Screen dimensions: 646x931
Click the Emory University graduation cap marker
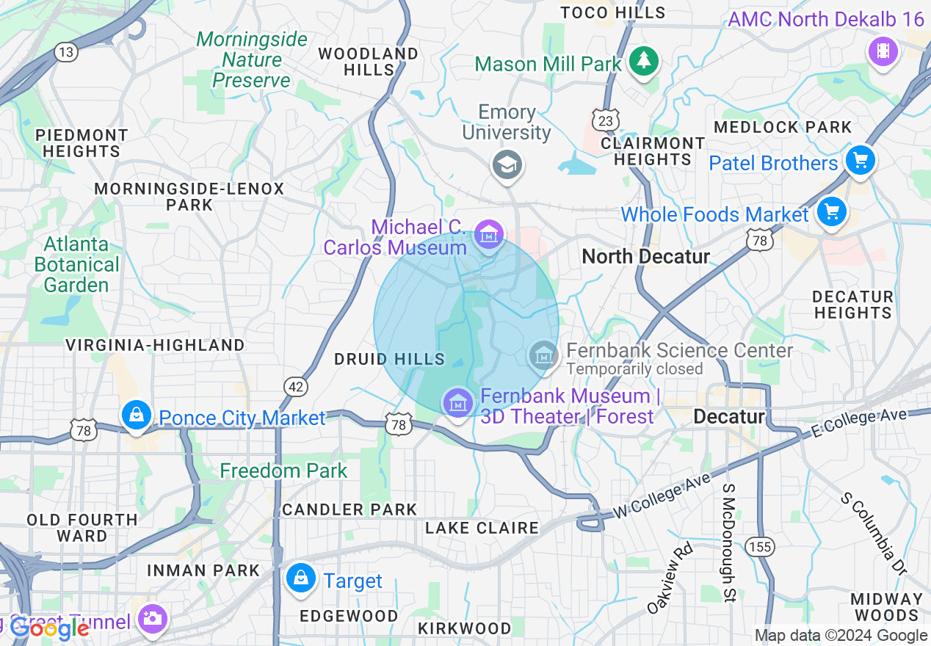click(507, 164)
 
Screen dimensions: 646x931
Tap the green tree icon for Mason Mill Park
click(644, 60)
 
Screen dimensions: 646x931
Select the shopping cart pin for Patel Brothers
click(860, 161)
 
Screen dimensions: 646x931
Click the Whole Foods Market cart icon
click(831, 212)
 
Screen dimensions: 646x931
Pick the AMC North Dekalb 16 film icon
click(883, 51)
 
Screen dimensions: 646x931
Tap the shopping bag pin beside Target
click(300, 578)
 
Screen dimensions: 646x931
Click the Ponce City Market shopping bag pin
click(137, 415)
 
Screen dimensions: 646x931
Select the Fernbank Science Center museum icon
click(543, 356)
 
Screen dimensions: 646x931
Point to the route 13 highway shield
click(66, 52)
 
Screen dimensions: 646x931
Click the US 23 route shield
click(607, 120)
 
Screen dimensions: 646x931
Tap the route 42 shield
click(295, 387)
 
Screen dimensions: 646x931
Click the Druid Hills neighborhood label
click(389, 359)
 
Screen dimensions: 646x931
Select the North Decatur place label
click(645, 256)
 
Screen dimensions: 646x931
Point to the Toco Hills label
click(612, 12)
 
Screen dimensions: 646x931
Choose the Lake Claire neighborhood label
click(482, 528)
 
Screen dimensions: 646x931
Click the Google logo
click(50, 628)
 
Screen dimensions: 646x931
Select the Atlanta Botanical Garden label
click(76, 264)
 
